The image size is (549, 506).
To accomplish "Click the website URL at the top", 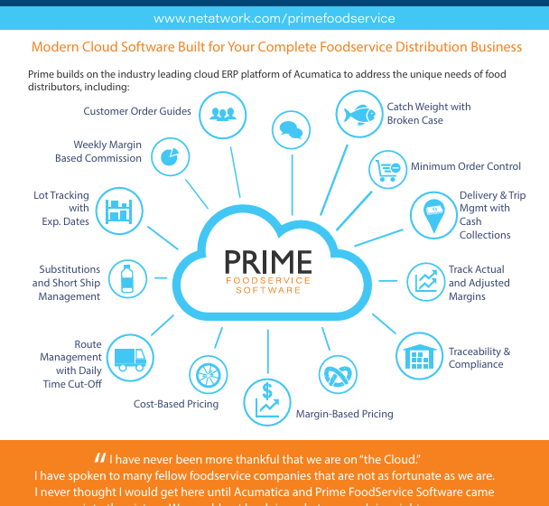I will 274,18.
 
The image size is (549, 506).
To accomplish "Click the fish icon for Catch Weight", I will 359,115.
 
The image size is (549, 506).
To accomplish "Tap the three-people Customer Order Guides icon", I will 222,115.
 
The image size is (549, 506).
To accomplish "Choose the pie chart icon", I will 168,156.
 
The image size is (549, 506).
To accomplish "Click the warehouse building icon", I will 418,358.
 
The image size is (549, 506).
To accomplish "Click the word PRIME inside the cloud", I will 267,262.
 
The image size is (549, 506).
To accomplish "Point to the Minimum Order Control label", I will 466,166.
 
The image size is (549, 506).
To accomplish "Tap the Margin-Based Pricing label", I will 344,415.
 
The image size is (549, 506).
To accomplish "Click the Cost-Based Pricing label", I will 176,404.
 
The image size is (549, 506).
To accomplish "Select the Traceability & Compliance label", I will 479,358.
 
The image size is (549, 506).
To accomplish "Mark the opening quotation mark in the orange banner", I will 99,457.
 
